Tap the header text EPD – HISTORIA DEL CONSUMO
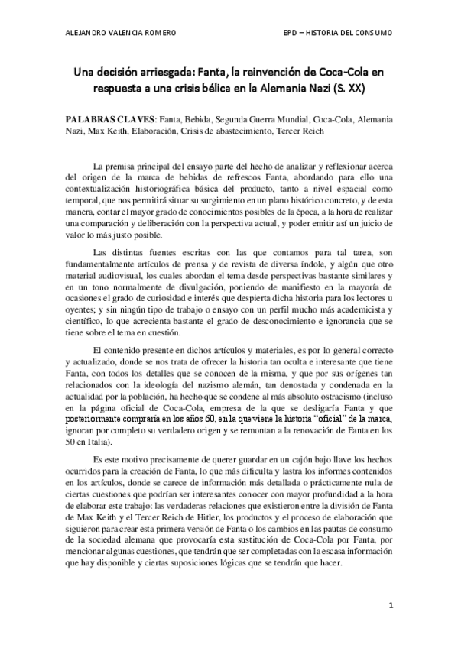[337, 33]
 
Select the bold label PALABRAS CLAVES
[111, 120]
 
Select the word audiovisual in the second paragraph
[123, 274]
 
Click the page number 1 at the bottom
[390, 607]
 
